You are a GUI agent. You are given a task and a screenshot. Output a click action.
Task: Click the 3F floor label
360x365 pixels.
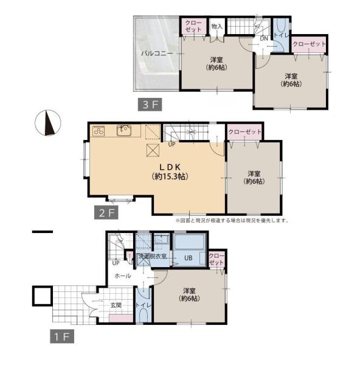pos(150,105)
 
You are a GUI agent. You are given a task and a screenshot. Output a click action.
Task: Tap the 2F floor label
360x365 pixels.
pos(106,212)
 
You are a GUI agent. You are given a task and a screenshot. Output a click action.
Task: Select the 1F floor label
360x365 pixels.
pos(62,336)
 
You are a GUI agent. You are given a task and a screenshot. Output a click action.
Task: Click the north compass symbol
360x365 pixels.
pos(48,123)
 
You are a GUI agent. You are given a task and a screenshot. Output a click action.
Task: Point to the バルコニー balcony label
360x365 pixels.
pos(157,54)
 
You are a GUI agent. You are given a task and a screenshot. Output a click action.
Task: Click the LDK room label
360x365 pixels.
pos(170,167)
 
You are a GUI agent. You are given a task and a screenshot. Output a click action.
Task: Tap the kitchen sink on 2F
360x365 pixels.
pos(124,130)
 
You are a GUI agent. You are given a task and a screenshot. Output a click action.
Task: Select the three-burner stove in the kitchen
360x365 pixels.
pos(99,131)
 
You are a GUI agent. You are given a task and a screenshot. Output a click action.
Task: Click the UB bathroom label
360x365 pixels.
pos(189,258)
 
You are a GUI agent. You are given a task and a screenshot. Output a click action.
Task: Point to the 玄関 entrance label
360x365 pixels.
pos(116,305)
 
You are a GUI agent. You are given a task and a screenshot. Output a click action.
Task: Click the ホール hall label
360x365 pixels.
pos(123,276)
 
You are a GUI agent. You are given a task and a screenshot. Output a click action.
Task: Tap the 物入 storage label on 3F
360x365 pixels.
pos(217,26)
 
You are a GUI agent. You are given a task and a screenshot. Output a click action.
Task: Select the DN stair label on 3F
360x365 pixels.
pos(264,39)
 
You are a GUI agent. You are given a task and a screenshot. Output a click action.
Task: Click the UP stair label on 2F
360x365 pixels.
pos(171,144)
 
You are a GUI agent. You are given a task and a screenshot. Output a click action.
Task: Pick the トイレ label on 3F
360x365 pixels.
pos(281,35)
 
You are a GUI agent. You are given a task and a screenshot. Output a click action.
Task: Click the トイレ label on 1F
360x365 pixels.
pos(144,305)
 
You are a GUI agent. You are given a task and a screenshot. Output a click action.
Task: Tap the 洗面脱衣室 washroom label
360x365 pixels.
pos(153,256)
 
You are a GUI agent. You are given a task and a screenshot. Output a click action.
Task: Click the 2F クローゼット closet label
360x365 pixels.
pos(245,132)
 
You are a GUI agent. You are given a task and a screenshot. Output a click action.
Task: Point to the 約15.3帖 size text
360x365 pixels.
pos(170,176)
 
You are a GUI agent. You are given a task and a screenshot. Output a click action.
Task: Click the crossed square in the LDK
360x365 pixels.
pos(153,150)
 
